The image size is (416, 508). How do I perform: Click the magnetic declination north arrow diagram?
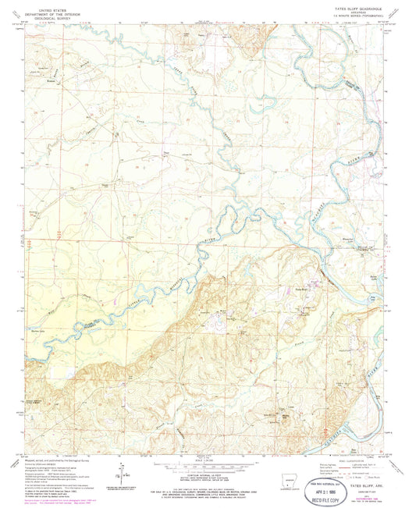123,471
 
